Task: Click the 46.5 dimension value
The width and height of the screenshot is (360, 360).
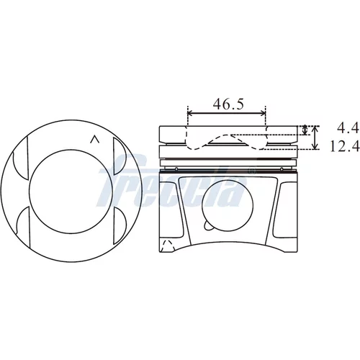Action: (x=228, y=104)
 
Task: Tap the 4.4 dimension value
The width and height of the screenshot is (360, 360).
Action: (x=348, y=128)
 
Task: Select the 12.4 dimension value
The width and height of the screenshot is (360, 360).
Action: (x=345, y=145)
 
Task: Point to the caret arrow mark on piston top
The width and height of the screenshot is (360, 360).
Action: (x=94, y=140)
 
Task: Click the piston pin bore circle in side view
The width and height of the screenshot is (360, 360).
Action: (x=228, y=205)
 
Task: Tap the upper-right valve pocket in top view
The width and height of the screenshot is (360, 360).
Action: (x=120, y=156)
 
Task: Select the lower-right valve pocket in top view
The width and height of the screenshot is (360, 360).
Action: (x=120, y=226)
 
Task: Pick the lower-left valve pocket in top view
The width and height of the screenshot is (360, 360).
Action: (x=22, y=220)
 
